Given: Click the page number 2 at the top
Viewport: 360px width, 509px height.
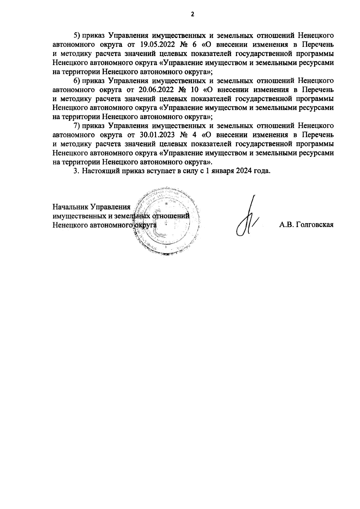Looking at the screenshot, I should pyautogui.click(x=193, y=14).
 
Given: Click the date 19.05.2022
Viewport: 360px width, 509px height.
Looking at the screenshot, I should pyautogui.click(x=157, y=45).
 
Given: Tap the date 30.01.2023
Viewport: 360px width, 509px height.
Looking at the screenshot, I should pyautogui.click(x=157, y=135).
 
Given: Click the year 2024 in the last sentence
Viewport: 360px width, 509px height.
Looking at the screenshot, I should pyautogui.click(x=246, y=171).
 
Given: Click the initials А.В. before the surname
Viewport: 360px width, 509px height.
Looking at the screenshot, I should pyautogui.click(x=286, y=225).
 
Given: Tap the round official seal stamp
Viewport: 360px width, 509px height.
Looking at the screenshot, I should pyautogui.click(x=167, y=221).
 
